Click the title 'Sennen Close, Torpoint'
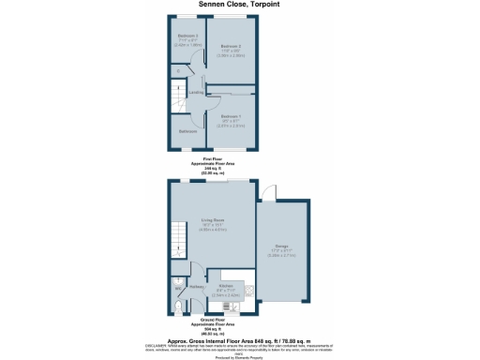[239, 5]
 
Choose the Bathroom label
[188, 131]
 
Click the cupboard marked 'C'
[178, 71]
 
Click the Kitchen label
[226, 286]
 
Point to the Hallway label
[197, 287]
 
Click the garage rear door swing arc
[269, 194]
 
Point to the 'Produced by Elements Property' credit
[239, 357]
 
